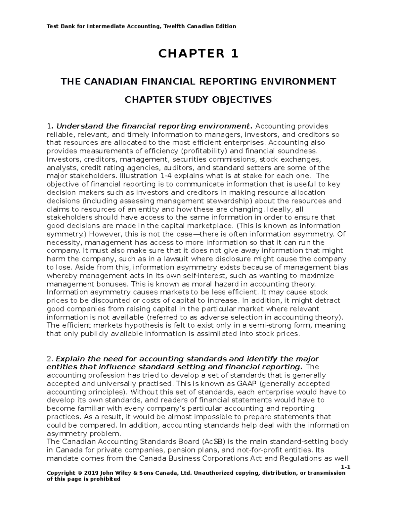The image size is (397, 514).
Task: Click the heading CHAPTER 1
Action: (198, 54)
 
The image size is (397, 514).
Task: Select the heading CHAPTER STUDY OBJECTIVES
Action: (198, 100)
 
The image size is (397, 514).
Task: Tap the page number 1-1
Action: (345, 467)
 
